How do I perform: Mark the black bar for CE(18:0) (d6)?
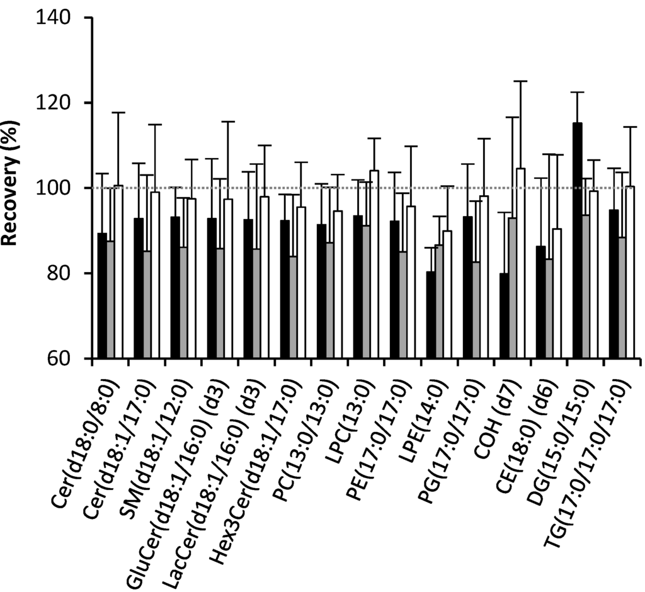point(540,302)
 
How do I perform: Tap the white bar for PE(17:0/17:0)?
point(411,283)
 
